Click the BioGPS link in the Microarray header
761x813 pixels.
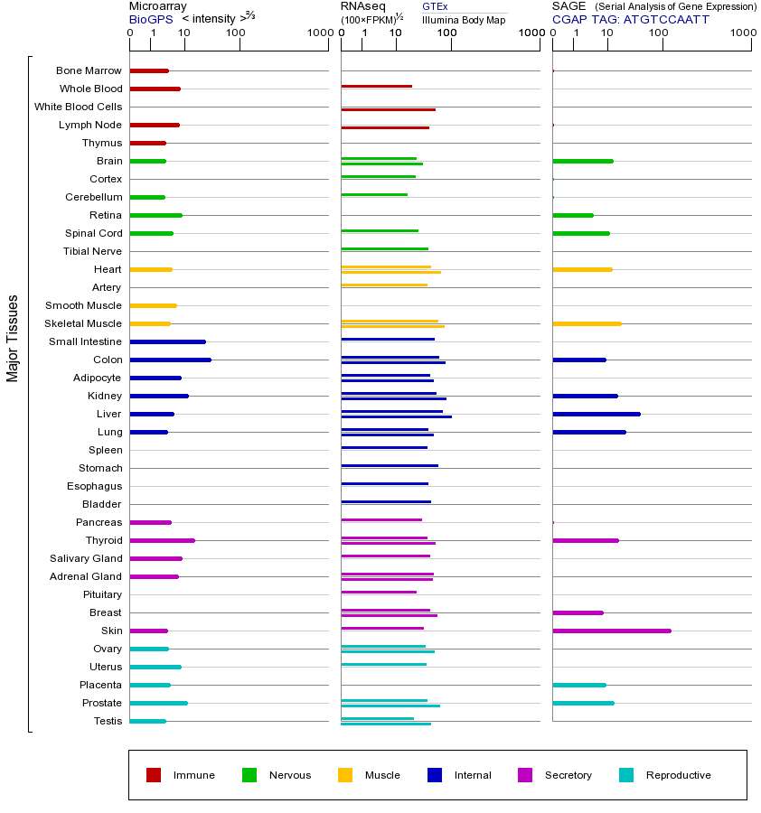150,19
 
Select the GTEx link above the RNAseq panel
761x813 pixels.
435,6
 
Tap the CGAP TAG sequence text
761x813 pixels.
631,19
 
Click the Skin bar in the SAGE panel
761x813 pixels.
612,631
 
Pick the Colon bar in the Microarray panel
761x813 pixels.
170,360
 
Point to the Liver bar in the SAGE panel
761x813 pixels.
597,414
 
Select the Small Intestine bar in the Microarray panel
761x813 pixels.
167,341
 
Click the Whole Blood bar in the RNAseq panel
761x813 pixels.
376,87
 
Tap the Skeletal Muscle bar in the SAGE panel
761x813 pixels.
587,323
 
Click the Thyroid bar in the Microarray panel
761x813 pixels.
162,540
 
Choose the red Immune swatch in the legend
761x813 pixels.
154,775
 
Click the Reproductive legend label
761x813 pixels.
678,775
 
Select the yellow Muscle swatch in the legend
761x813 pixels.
345,775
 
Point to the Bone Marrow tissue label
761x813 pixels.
89,70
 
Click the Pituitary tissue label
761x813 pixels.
102,594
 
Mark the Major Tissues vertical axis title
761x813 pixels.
13,338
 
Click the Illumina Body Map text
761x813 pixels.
464,19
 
